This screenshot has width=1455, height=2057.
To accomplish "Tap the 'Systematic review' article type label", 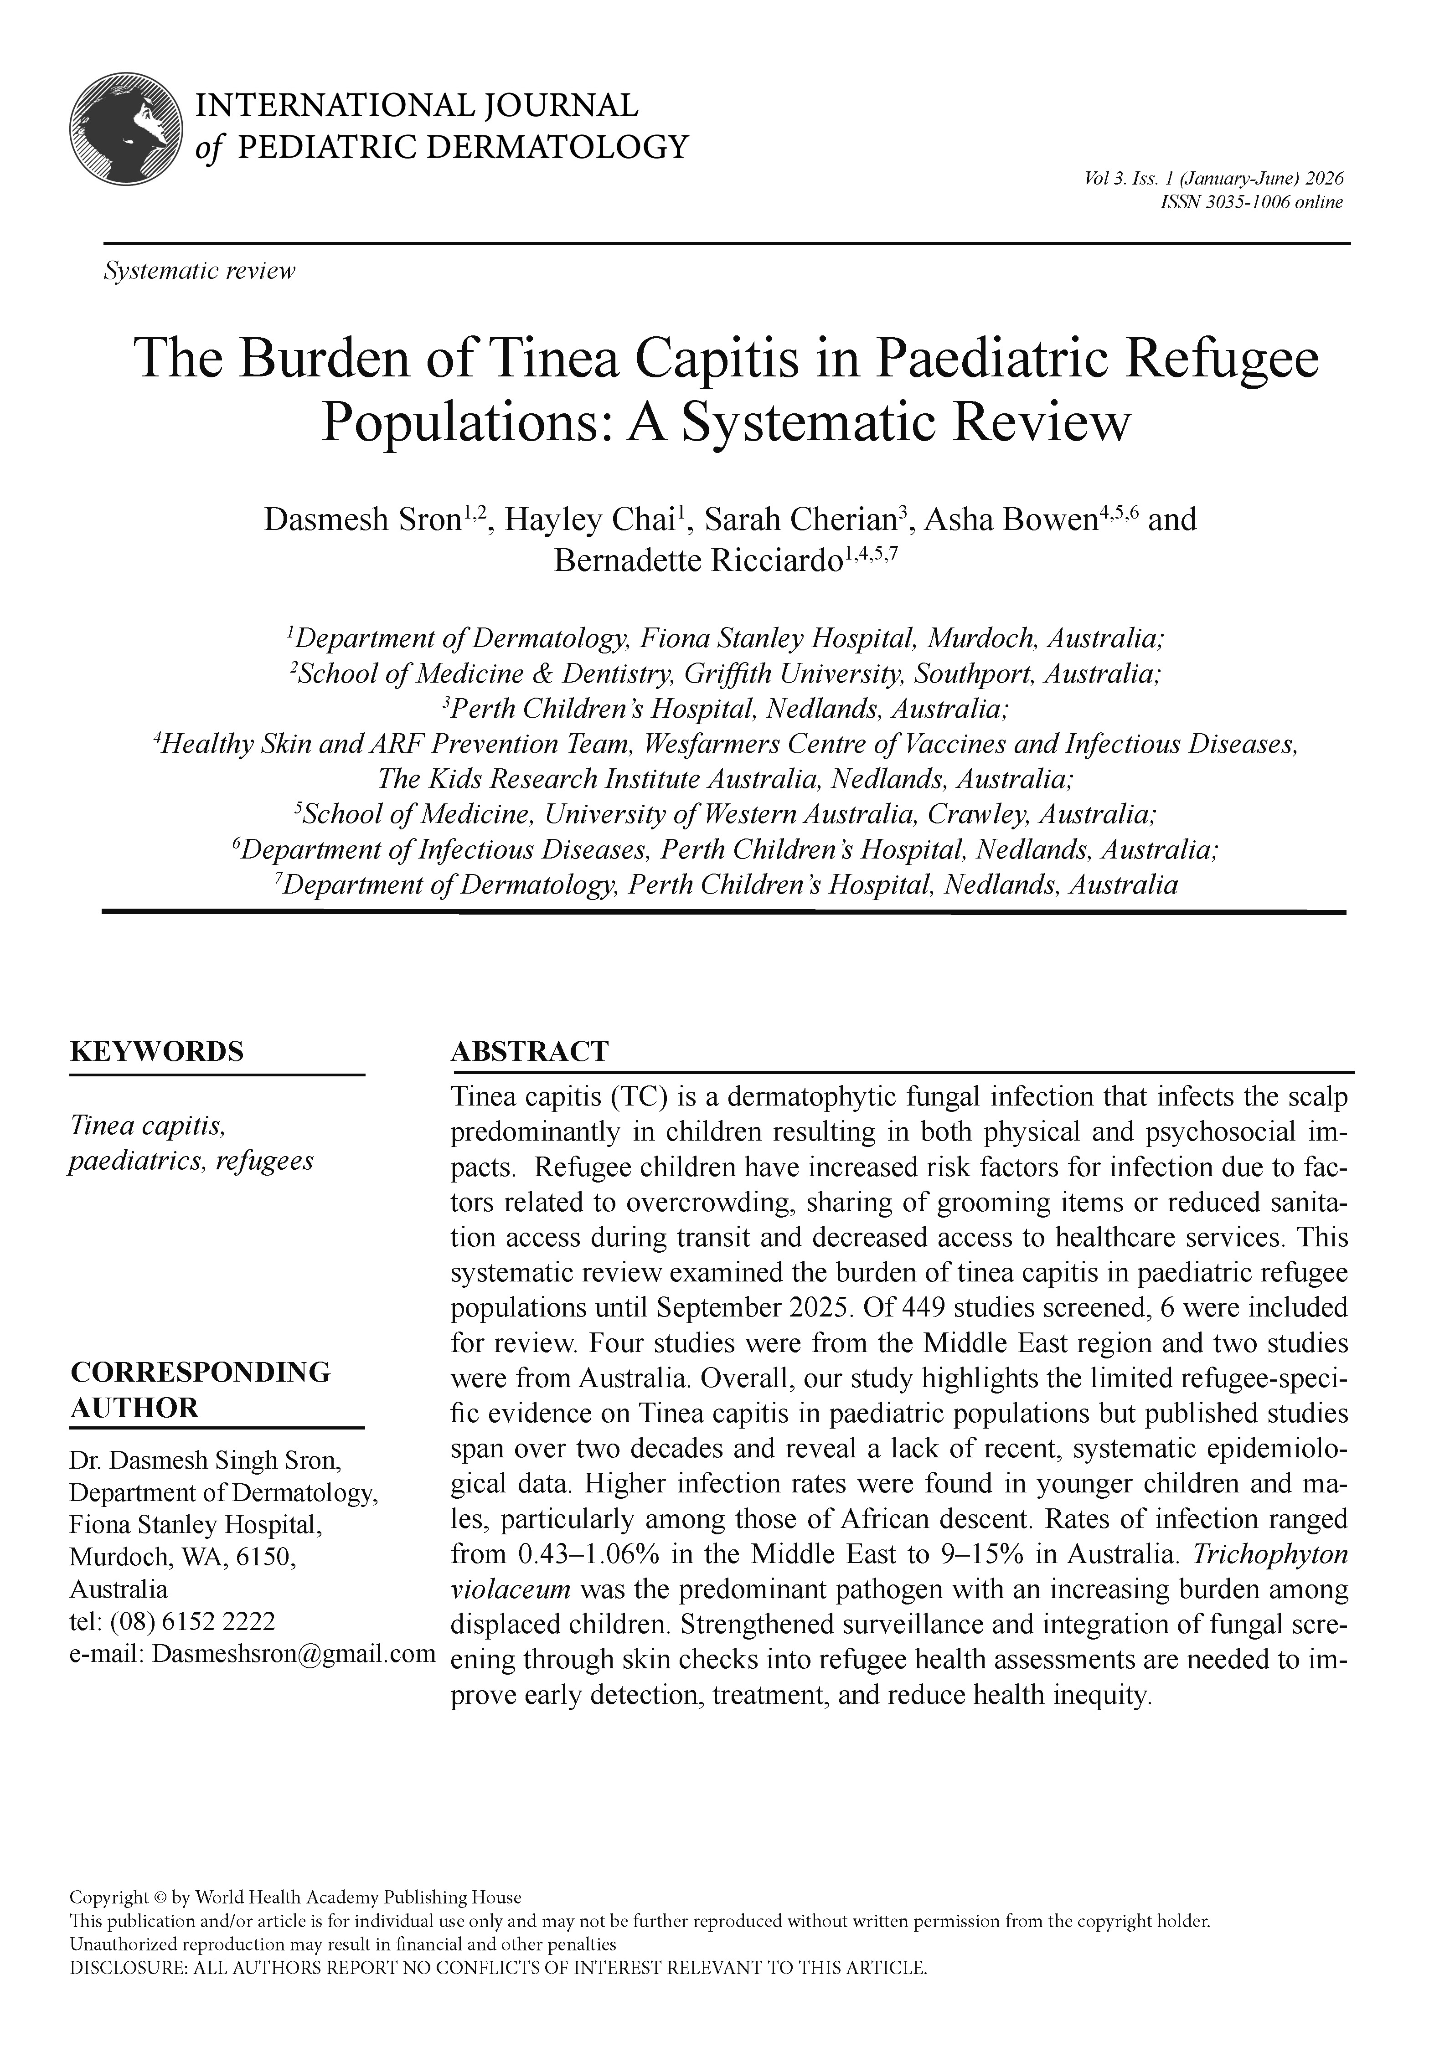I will [x=199, y=271].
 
